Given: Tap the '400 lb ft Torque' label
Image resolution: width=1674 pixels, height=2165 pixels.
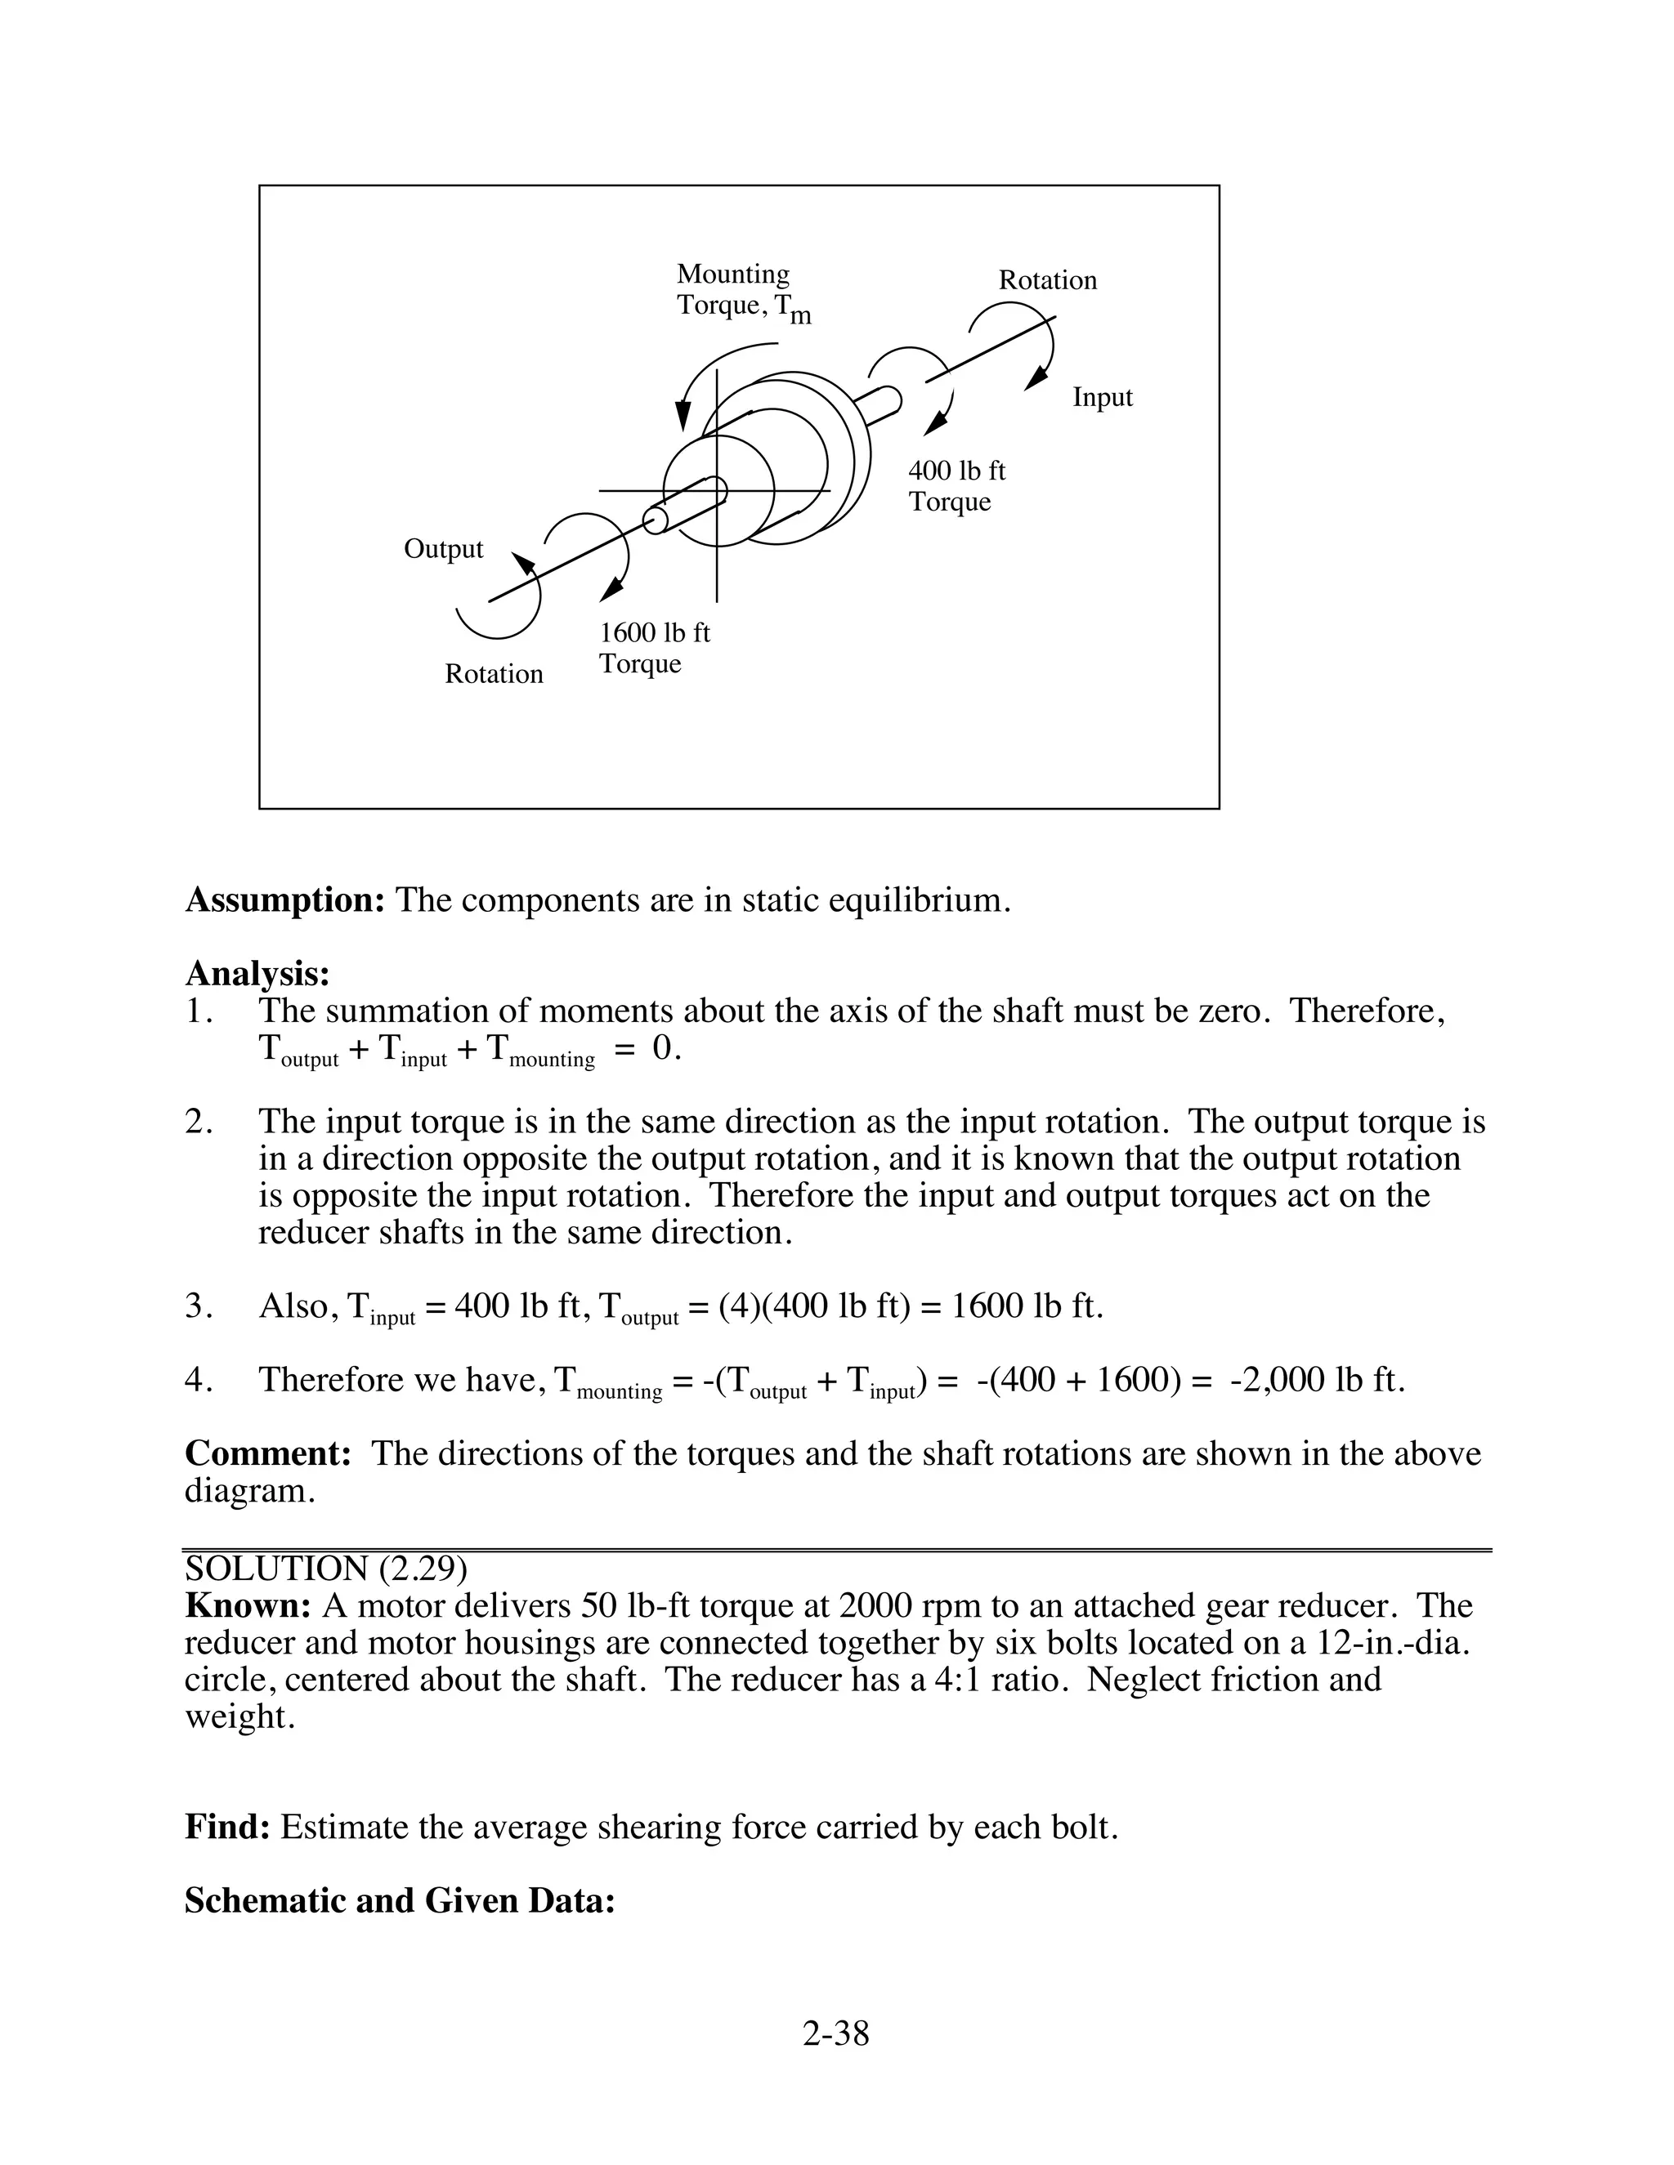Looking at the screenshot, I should pyautogui.click(x=956, y=486).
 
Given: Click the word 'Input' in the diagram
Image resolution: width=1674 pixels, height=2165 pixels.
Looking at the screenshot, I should pyautogui.click(x=1102, y=398).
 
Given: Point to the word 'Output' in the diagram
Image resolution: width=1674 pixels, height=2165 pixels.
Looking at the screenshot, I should pyautogui.click(x=443, y=549).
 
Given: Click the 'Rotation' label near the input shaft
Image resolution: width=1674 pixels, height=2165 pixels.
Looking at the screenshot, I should pyautogui.click(x=1047, y=280).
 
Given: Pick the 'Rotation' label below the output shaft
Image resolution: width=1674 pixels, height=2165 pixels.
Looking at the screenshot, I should pyautogui.click(x=494, y=674).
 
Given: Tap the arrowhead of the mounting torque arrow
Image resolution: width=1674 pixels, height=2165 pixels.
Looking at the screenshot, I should pyautogui.click(x=683, y=415).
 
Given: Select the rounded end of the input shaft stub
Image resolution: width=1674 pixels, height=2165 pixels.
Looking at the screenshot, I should pyautogui.click(x=892, y=400).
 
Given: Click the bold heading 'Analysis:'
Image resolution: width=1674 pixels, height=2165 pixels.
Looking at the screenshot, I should pyautogui.click(x=257, y=974).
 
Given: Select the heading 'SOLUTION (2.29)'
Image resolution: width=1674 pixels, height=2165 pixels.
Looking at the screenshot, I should pyautogui.click(x=325, y=1569).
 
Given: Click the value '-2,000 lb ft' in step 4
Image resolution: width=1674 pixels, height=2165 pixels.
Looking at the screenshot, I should pyautogui.click(x=1317, y=1380).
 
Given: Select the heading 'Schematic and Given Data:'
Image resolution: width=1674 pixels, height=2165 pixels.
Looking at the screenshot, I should pyautogui.click(x=400, y=1900).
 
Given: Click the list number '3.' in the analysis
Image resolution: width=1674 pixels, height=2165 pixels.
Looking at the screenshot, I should pyautogui.click(x=199, y=1306).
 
